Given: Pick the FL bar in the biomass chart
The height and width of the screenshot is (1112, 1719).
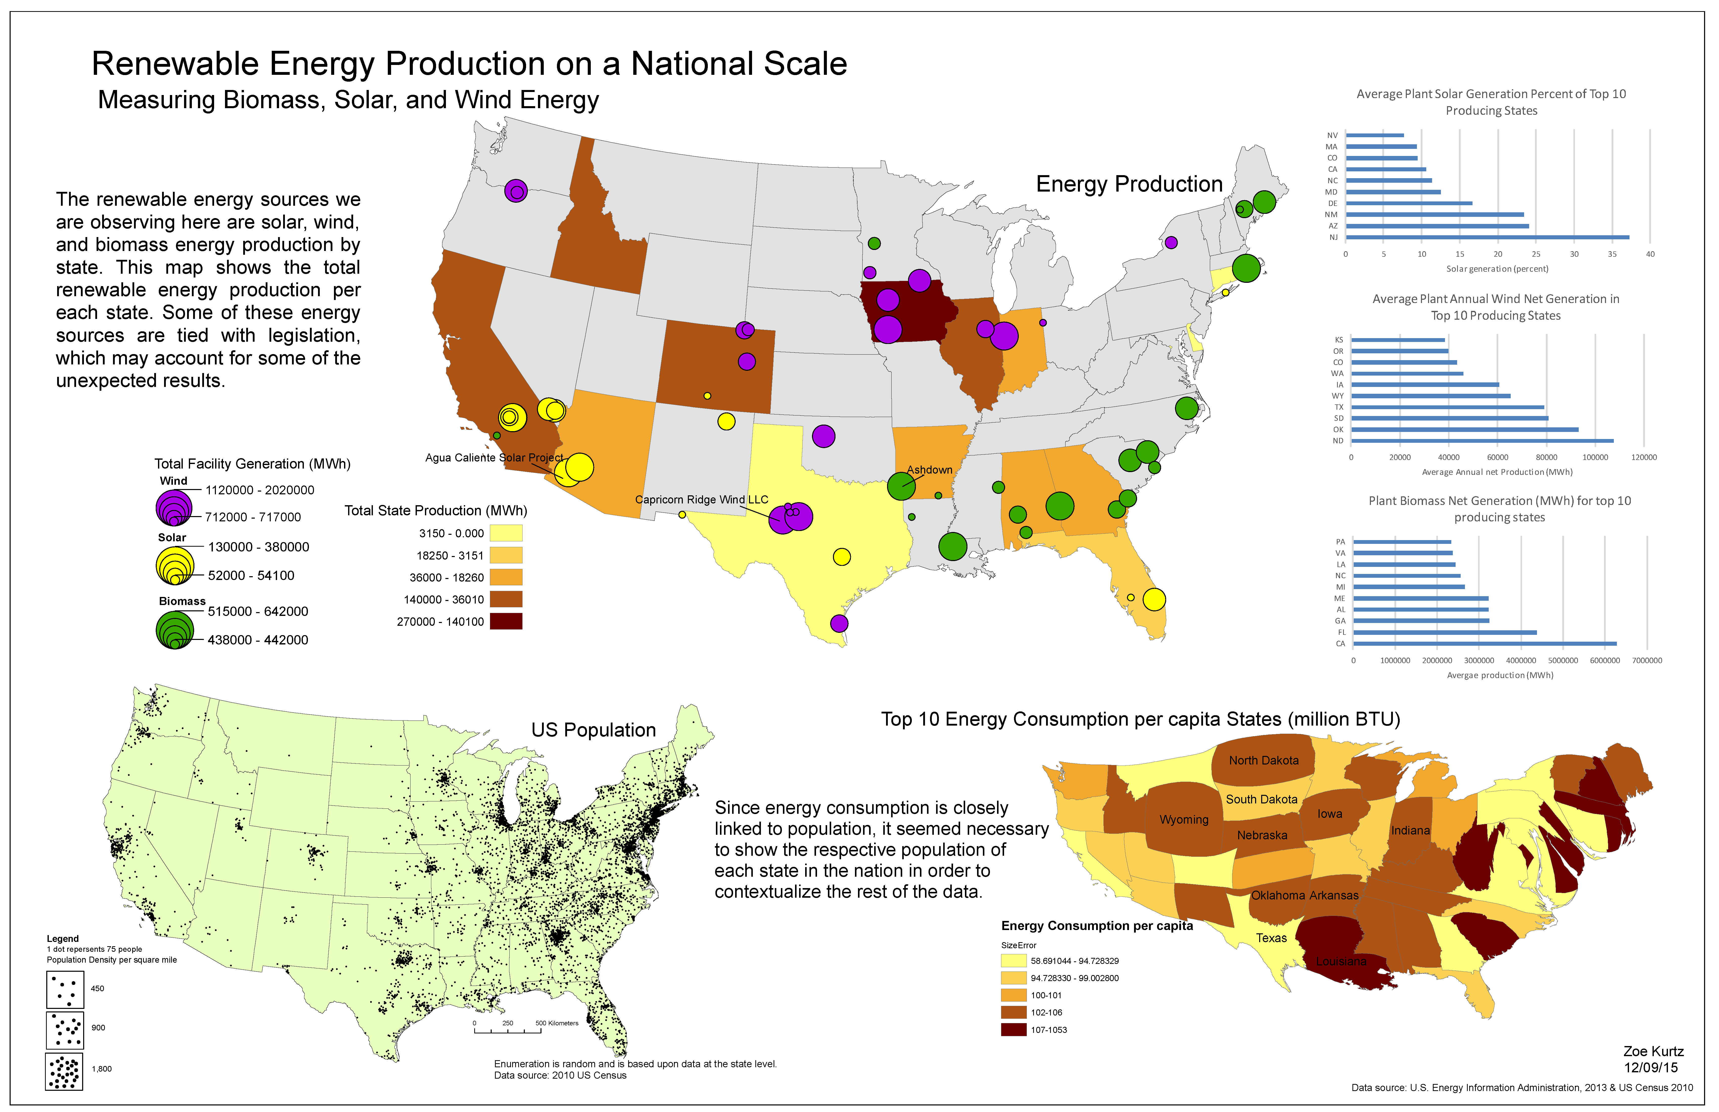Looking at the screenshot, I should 1444,632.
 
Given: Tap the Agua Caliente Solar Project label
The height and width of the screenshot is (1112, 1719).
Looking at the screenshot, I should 494,458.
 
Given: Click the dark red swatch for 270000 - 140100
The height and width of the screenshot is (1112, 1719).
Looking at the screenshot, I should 506,621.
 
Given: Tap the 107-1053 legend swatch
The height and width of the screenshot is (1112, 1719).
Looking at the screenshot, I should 1013,1030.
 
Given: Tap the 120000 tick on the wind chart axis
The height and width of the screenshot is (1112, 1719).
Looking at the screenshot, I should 1644,457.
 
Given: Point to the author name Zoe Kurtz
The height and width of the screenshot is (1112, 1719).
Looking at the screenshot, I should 1653,1051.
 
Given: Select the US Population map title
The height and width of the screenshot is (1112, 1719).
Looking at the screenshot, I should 593,730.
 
